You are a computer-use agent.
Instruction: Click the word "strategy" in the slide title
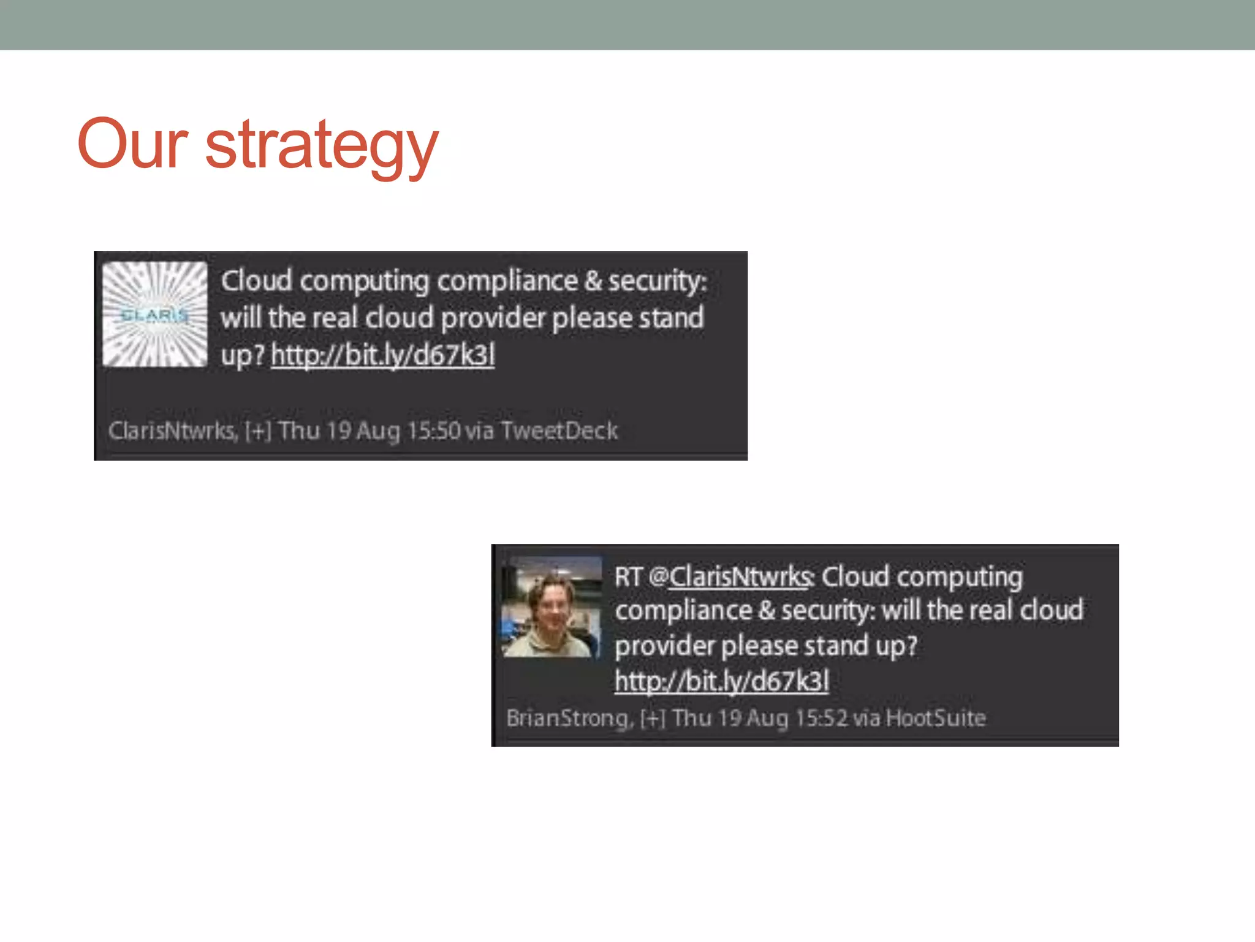click(x=322, y=145)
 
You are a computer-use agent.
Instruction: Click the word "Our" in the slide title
click(x=132, y=144)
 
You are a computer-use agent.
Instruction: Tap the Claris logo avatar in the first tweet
click(x=154, y=315)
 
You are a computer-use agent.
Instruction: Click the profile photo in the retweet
click(x=552, y=607)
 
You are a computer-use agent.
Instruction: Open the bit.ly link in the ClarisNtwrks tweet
click(x=383, y=355)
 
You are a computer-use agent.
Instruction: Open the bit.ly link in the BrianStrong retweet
click(x=722, y=681)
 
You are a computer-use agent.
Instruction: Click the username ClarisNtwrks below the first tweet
click(x=172, y=431)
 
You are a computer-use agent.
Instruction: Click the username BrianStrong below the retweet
click(x=567, y=718)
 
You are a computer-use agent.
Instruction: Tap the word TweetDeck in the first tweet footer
click(x=559, y=431)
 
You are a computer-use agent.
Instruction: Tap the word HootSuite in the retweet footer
click(x=936, y=718)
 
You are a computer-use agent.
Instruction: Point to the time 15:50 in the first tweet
click(x=433, y=431)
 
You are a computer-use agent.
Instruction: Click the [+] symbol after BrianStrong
click(x=653, y=718)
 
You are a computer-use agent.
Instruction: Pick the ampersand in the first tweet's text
click(x=593, y=281)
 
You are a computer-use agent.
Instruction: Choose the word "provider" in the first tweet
click(x=493, y=318)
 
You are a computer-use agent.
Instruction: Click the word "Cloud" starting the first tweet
click(x=256, y=281)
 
